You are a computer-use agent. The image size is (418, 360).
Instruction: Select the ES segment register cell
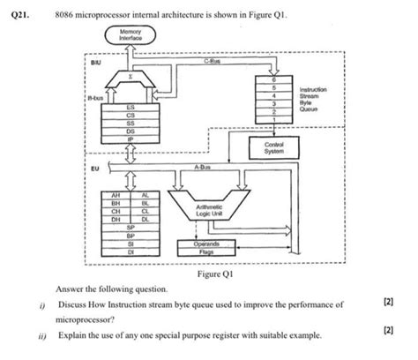pos(130,107)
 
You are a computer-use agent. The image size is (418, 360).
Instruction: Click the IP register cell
pos(130,139)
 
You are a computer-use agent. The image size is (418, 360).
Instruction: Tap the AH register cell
pos(116,193)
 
